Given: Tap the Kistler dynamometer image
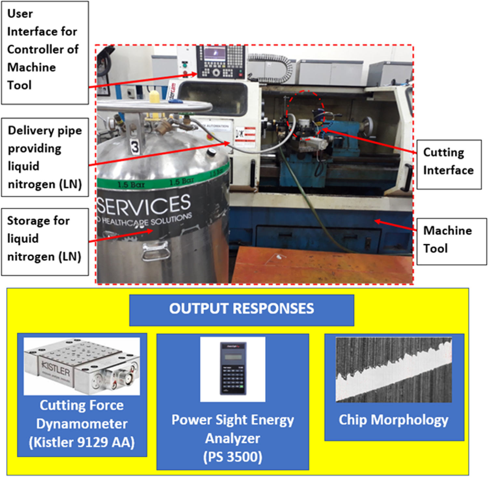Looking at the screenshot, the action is point(82,366).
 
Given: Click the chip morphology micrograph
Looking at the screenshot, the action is point(394,369).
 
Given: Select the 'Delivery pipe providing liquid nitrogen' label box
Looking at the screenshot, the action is point(45,157).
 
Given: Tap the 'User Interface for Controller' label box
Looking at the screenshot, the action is point(45,52).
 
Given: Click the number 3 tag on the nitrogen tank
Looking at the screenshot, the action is point(134,147).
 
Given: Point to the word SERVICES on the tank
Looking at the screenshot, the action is point(144,205).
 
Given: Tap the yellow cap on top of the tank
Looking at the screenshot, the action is point(154,97).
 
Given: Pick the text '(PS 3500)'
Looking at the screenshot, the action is point(232,457).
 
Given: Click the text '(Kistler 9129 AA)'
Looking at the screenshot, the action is point(82,442).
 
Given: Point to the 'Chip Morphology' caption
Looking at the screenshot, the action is point(394,420).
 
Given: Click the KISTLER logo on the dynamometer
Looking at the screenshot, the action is point(56,369).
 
